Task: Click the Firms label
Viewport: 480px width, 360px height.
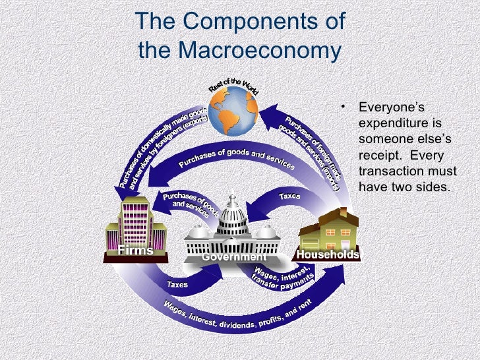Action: pos(135,251)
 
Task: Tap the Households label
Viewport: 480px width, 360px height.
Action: pos(328,255)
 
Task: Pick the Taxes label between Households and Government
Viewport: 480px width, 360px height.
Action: pos(289,196)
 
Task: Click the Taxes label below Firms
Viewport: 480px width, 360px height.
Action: pos(176,285)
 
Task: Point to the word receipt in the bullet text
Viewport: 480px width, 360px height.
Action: pos(377,156)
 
